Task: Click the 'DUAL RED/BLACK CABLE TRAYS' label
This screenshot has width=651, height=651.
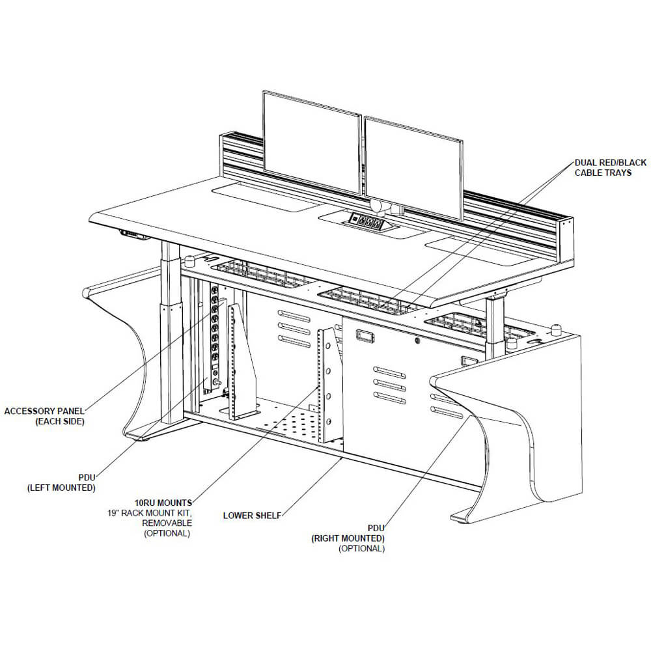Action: (602, 167)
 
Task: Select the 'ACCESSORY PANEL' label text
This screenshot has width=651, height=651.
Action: (45, 411)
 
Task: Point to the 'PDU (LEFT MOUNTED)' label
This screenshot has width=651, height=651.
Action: (61, 482)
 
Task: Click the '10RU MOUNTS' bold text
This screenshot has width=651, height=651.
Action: (163, 503)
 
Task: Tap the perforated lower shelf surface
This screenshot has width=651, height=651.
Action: (286, 423)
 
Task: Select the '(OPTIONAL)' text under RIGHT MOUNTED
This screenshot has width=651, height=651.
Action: (361, 549)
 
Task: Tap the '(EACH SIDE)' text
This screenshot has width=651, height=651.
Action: (59, 422)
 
